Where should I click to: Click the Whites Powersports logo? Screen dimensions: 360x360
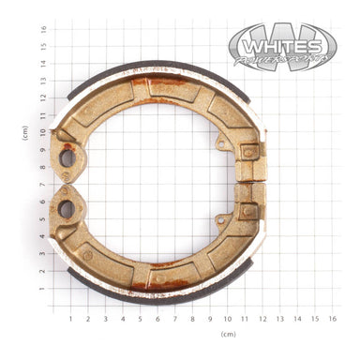(282, 46)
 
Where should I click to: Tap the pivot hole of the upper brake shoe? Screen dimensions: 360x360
(67, 157)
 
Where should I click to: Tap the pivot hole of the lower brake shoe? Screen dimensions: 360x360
(67, 206)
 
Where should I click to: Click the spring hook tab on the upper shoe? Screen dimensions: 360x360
(221, 142)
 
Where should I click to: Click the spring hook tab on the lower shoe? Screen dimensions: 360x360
(221, 220)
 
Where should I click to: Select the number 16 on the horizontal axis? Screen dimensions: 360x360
(332, 319)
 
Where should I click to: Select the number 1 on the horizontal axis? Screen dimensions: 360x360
(70, 319)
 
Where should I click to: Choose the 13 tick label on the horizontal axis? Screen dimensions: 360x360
(279, 319)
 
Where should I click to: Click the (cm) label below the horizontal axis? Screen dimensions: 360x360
(228, 334)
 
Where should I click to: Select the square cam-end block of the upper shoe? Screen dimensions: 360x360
(248, 151)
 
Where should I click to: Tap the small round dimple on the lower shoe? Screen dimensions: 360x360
(87, 254)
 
